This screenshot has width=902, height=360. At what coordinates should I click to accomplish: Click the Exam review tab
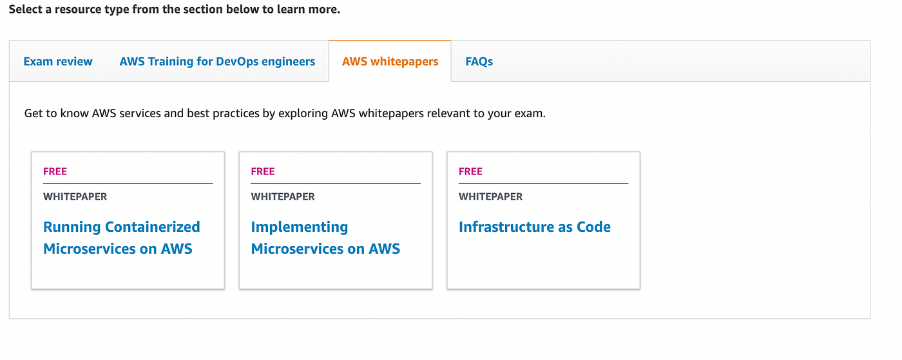[58, 62]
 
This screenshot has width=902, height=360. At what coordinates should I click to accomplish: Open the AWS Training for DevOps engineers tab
[217, 62]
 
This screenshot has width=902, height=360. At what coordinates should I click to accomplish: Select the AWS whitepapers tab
[390, 62]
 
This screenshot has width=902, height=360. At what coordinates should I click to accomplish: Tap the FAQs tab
[479, 62]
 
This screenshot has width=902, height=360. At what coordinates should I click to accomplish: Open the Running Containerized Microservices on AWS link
[121, 238]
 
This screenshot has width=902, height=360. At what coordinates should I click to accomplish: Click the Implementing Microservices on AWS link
[325, 238]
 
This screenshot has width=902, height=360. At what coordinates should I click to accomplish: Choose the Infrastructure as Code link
[534, 227]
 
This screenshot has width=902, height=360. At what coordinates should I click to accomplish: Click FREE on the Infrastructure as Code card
[470, 171]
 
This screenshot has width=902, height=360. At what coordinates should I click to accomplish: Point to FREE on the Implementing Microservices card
[263, 171]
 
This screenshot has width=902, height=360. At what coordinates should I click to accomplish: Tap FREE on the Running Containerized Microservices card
[55, 171]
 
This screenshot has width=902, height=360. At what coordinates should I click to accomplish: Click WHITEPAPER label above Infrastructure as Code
[490, 196]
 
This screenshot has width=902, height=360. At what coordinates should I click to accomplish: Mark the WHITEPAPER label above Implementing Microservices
[283, 196]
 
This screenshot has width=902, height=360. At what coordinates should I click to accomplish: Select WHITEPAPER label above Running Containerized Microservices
[75, 196]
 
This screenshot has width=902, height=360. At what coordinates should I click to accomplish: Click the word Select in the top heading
[25, 10]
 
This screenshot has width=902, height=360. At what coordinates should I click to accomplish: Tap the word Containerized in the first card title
[152, 227]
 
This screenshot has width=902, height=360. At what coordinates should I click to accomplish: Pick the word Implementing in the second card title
[299, 227]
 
